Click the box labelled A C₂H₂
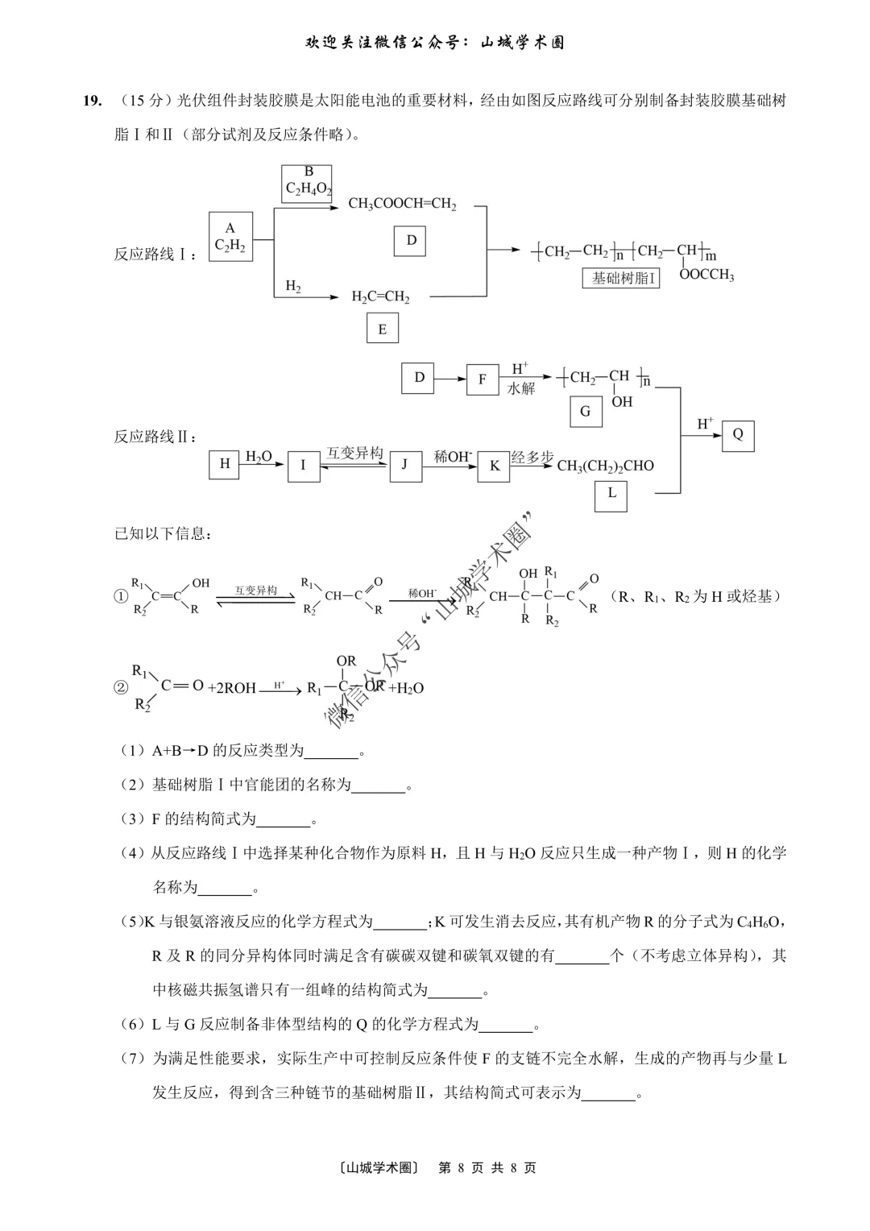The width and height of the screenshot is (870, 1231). [230, 237]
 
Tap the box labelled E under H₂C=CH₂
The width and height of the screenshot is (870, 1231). [382, 329]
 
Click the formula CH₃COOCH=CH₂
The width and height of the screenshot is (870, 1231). [402, 204]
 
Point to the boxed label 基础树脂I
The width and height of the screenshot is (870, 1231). [620, 278]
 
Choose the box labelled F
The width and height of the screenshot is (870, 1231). [482, 379]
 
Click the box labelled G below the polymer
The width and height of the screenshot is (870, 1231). [585, 411]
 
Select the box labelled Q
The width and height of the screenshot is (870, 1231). [737, 435]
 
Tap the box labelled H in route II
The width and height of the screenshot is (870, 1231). [225, 463]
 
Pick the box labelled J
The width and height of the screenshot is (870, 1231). [405, 464]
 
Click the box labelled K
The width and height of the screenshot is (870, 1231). [494, 466]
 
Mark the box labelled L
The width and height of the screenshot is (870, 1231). [611, 493]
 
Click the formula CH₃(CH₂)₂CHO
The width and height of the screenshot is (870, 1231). [605, 466]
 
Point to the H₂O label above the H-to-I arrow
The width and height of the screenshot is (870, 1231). [259, 456]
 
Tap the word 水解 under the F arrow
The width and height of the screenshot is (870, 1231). [521, 388]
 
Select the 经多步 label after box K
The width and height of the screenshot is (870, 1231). [532, 457]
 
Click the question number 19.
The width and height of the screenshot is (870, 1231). [92, 101]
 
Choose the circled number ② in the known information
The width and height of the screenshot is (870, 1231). [121, 687]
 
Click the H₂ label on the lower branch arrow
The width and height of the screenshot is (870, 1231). [293, 286]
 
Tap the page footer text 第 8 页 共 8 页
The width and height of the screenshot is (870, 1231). [487, 1167]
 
